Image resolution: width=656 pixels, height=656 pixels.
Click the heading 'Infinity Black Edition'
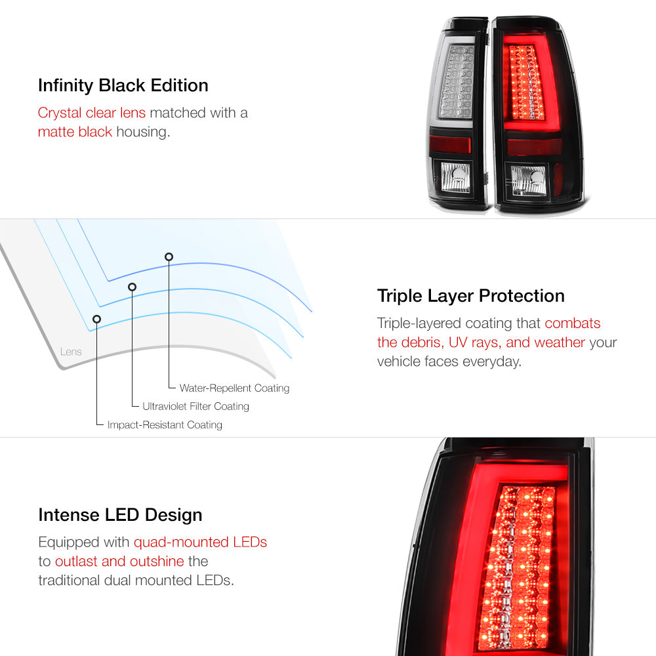coord(123,86)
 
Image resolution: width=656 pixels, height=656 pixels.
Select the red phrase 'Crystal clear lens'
coord(92,113)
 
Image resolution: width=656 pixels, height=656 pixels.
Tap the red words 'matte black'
coord(75,132)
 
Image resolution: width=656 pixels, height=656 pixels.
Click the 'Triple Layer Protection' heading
coord(470,297)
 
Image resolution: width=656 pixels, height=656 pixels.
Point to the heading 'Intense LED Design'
coord(120,515)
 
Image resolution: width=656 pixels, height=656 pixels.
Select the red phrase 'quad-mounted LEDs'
coord(200,543)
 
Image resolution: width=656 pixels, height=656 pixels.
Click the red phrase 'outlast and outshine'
coord(119,562)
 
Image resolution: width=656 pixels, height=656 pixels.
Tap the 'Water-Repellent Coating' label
coord(234,388)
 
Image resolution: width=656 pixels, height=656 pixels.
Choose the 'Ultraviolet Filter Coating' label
coord(195,406)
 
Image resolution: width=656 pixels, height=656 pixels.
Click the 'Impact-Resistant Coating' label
coord(165,424)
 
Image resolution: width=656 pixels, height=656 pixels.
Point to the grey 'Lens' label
coord(71,352)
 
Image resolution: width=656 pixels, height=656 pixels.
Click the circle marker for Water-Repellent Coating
coord(169,256)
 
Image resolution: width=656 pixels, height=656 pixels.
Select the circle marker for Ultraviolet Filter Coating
coord(133,287)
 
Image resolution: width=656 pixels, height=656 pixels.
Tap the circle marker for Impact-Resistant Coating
coord(96,319)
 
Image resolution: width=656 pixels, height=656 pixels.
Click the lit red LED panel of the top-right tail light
coord(526,83)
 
